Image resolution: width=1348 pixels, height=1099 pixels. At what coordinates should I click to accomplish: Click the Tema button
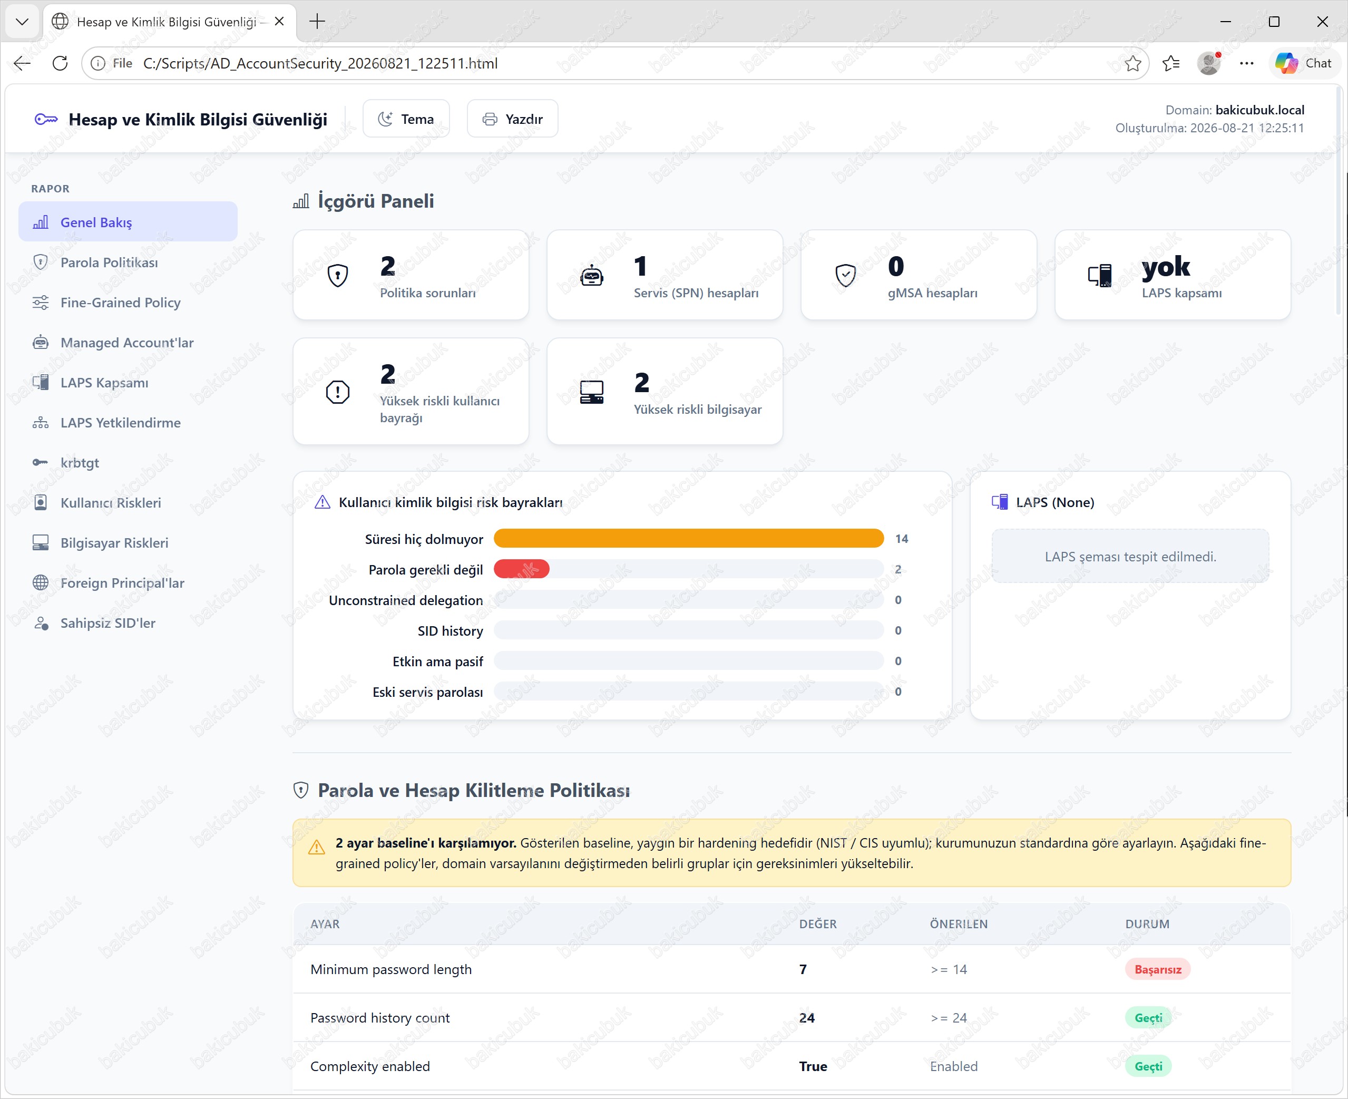click(406, 119)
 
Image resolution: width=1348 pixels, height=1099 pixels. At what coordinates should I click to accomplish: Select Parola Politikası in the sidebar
click(109, 262)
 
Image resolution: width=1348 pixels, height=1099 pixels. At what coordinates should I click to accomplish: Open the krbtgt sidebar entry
click(80, 463)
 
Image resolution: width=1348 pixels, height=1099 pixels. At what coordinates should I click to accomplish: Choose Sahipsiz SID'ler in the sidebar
click(108, 623)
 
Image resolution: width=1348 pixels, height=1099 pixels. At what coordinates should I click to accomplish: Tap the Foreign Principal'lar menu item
click(122, 583)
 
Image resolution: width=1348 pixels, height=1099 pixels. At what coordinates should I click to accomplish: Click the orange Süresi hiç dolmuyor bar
click(689, 539)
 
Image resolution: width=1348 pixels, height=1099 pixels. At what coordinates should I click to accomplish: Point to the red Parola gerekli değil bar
click(522, 569)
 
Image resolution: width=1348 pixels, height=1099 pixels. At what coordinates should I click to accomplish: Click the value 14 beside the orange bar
click(902, 539)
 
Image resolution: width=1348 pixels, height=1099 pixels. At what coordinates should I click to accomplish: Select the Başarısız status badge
click(1158, 969)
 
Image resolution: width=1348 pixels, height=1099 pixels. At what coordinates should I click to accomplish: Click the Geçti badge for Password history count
click(1148, 1018)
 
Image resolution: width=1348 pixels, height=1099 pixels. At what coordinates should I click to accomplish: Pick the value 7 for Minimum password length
click(803, 969)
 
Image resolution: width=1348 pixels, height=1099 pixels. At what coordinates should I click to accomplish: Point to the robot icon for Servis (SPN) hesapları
click(592, 275)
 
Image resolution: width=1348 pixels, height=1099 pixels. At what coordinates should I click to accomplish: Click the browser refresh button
click(60, 63)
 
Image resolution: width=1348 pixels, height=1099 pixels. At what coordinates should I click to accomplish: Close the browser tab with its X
click(279, 22)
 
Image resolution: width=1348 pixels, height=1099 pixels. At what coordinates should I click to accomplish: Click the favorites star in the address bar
click(1133, 63)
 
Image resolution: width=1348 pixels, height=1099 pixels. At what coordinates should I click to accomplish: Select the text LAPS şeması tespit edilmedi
click(1130, 557)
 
